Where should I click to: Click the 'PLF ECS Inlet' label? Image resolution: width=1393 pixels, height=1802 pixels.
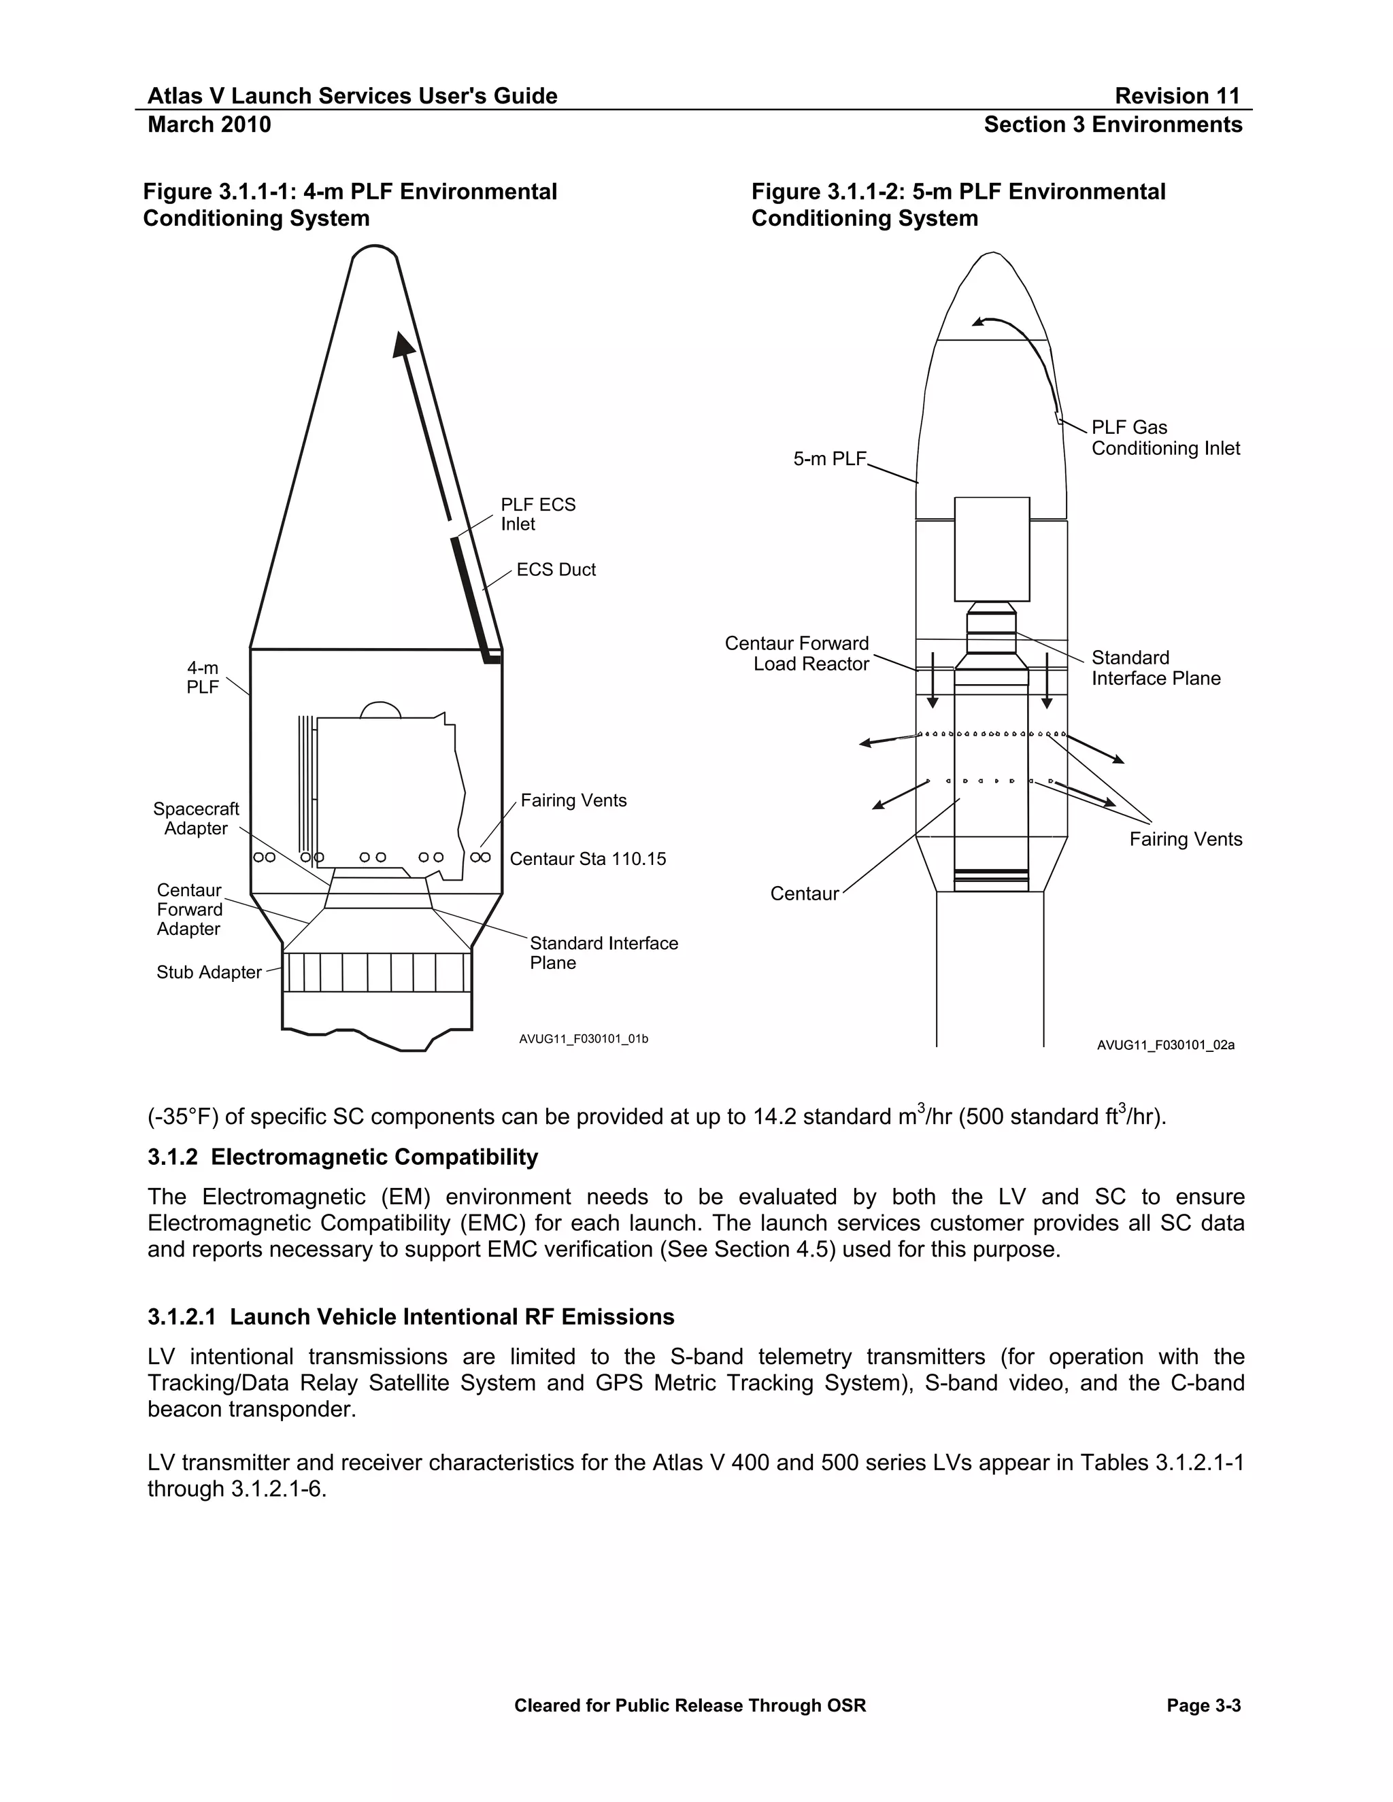(537, 514)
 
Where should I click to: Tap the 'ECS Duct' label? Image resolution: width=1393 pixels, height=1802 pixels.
(556, 569)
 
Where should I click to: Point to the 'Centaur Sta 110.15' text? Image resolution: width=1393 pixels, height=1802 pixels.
(588, 859)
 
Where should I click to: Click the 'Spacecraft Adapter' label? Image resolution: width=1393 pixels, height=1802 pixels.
(197, 819)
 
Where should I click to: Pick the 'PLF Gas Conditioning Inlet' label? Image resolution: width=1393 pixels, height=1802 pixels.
(1164, 438)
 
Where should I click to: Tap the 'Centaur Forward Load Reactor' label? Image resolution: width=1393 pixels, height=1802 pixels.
(797, 653)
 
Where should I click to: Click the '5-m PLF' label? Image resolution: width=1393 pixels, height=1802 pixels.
(829, 459)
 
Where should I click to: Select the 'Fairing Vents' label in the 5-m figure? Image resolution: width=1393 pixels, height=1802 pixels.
(1185, 839)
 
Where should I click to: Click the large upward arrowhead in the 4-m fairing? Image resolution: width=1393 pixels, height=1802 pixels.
(403, 345)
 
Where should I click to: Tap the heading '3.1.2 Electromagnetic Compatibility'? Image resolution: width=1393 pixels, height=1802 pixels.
(343, 1157)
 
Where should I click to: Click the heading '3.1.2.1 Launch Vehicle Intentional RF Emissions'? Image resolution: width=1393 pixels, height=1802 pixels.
(411, 1317)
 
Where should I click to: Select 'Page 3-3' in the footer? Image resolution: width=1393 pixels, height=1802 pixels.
(1203, 1705)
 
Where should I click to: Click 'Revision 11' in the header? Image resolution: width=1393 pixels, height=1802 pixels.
(1177, 96)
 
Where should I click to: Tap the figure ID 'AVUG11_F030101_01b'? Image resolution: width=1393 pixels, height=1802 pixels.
(584, 1039)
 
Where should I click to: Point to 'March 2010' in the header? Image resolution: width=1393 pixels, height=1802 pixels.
(209, 124)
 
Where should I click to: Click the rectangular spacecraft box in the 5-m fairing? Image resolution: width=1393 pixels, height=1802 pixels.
(991, 549)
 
